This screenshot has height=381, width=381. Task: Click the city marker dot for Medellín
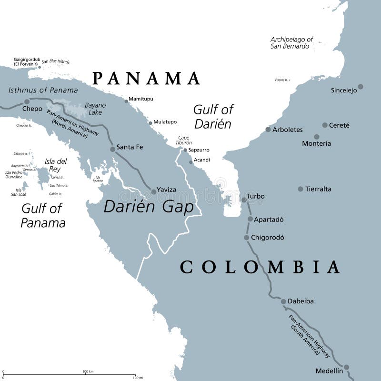coord(347,367)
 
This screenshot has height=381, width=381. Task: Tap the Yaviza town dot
coord(153,191)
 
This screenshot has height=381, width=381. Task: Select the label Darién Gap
coord(149,207)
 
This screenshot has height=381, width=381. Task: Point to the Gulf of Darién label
coord(213,117)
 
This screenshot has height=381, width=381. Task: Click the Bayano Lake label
coord(95,109)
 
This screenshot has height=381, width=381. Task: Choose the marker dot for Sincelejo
coord(361,87)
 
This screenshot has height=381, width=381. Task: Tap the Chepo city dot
coord(27,101)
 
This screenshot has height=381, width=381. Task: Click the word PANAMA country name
coord(146,78)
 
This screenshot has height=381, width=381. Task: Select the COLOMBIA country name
coord(260,267)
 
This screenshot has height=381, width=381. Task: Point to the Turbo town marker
coord(244,200)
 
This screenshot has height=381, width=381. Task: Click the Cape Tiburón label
coord(184,140)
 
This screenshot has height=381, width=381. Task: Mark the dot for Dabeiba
coord(283,301)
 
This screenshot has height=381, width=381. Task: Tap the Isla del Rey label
coord(56,165)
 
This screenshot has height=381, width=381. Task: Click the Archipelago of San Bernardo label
coord(291,43)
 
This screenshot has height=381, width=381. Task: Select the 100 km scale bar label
coord(88,371)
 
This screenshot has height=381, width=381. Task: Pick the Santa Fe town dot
coord(112,149)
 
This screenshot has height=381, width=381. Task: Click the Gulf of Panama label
coord(42,215)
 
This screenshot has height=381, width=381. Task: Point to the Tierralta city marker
coord(301,189)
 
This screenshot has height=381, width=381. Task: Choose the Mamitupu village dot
coord(126,101)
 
